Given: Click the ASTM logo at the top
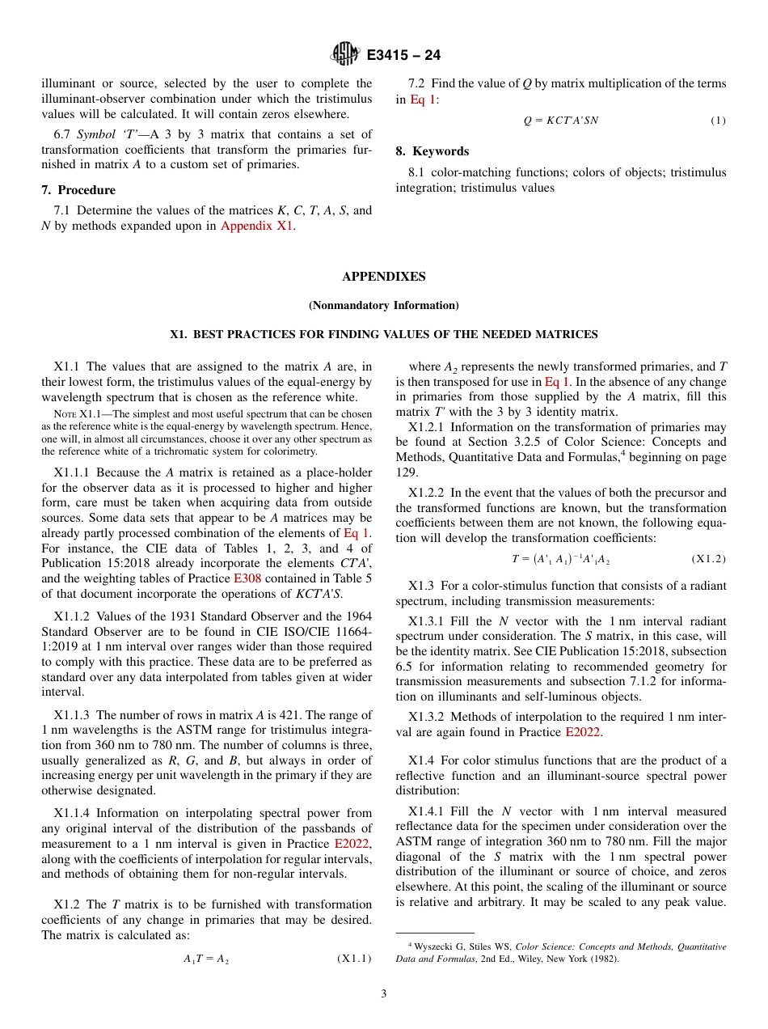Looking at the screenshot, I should (345, 55).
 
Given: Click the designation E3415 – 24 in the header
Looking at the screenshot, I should (403, 56).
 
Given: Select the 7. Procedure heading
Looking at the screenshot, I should (78, 190).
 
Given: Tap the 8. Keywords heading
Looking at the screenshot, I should (433, 151).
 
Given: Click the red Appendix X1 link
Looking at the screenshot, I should (256, 226).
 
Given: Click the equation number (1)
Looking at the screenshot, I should (718, 121).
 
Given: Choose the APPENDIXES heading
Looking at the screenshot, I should (383, 277).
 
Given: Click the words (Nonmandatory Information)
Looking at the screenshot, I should (383, 305).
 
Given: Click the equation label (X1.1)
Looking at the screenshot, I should (354, 959).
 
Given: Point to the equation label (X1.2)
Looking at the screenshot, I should (709, 559).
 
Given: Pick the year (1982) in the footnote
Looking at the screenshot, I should (604, 959).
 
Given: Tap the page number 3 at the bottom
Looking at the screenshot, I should (384, 994).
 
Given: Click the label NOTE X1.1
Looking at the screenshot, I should (74, 413).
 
